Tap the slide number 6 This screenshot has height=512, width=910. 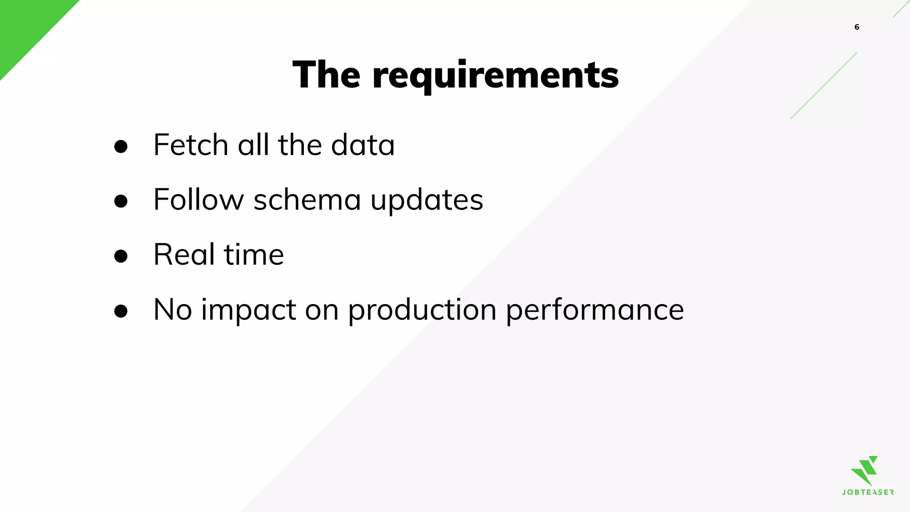click(857, 27)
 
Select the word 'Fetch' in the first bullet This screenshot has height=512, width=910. click(191, 145)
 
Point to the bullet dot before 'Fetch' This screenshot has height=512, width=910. click(121, 147)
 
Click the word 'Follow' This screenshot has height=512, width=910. click(198, 200)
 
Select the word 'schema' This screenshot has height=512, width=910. click(307, 200)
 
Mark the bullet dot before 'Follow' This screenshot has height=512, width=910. click(121, 201)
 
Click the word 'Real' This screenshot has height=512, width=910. click(184, 255)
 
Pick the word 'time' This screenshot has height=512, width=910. click(254, 255)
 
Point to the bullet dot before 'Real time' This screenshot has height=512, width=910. click(121, 256)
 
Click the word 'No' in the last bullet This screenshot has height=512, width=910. click(172, 309)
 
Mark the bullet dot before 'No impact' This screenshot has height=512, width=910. click(121, 311)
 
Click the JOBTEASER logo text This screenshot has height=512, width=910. click(867, 492)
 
